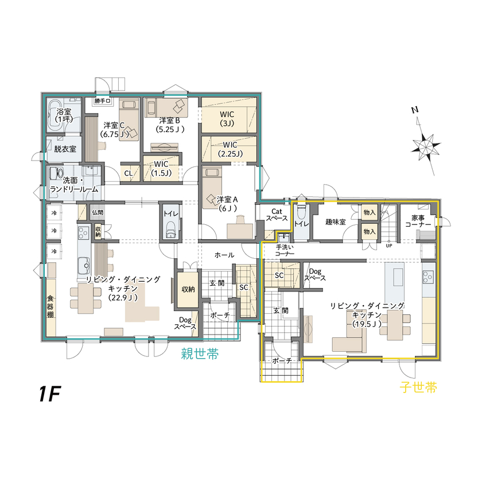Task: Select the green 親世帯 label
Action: pos(200,354)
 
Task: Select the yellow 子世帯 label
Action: pos(419,388)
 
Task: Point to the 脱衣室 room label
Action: pos(65,149)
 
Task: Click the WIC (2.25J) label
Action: pos(230,149)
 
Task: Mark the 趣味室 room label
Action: pos(335,221)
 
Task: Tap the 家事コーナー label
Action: pos(418,221)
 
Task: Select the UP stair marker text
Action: pos(388,246)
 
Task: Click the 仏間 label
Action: pos(97,212)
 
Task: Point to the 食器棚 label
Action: pos(50,307)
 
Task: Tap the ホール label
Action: pos(224,254)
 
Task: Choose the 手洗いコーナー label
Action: pos(284,250)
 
